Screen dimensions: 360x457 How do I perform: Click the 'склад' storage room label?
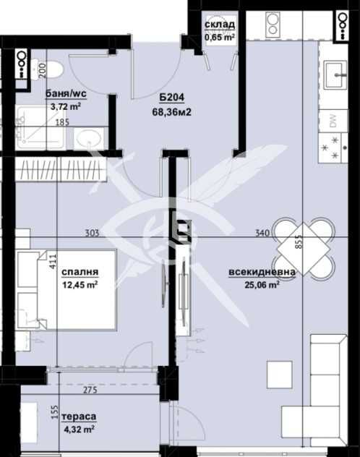220,25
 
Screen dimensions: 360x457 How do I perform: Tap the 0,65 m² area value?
220,37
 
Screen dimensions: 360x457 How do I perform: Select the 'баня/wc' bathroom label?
66,94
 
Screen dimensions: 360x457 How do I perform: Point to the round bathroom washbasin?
89,138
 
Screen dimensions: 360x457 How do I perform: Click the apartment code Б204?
172,98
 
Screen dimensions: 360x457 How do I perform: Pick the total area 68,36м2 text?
172,111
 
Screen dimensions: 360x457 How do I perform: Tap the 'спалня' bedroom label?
80,272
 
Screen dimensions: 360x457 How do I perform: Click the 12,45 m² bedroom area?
80,284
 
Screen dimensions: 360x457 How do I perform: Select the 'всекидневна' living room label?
262,272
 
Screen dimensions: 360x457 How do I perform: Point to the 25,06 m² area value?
262,284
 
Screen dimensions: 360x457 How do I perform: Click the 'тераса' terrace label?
79,417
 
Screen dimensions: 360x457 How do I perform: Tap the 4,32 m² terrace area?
78,430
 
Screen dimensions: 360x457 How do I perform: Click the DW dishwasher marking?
333,120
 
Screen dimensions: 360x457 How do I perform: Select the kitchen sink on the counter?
335,74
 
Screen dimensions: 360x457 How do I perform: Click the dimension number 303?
92,233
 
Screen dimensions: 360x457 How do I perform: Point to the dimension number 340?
262,233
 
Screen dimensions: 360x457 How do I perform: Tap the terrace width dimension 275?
90,390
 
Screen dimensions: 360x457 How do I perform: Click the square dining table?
303,249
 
